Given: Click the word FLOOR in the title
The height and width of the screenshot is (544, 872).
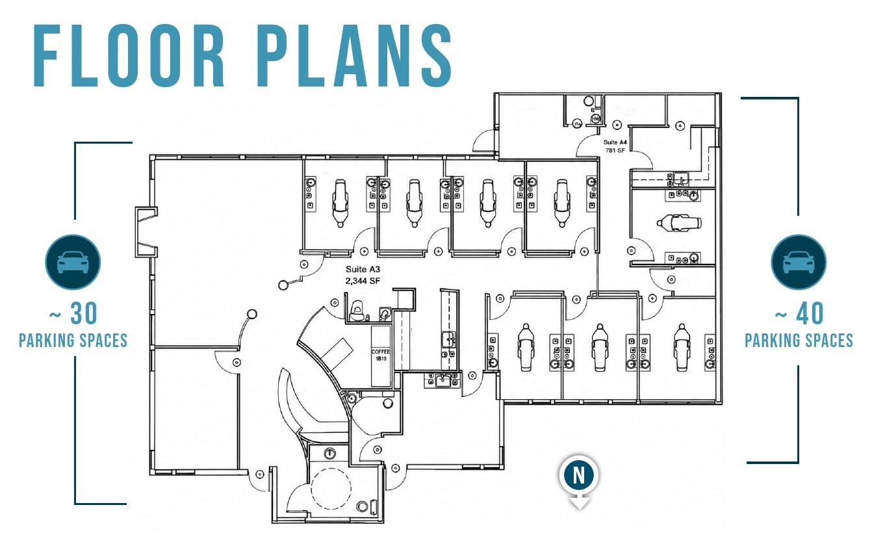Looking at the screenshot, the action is [129, 56].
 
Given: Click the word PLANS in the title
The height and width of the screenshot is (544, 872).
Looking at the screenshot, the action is [353, 56].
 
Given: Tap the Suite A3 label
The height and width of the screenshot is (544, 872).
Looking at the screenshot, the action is [363, 269].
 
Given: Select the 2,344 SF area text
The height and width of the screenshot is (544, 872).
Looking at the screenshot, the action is [363, 281].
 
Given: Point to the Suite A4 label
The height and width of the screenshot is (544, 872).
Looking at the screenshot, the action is [615, 142].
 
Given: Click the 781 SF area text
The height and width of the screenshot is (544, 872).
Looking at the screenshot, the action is [615, 150].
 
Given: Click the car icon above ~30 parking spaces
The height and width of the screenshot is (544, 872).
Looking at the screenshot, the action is [73, 262].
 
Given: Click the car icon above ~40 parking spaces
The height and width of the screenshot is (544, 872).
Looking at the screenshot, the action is [799, 262].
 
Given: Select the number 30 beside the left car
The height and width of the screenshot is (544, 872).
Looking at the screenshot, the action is [84, 313].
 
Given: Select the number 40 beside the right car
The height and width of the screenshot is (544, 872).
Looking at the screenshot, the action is [810, 313].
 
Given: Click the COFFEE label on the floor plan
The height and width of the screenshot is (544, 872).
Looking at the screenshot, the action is [380, 352].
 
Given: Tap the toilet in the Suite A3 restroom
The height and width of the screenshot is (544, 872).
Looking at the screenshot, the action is [356, 311].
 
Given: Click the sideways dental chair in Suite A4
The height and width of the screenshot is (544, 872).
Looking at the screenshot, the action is [679, 223].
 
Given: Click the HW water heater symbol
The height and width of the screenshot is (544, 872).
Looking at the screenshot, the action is [596, 118].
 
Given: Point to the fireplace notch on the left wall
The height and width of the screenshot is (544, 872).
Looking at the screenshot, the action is [146, 232].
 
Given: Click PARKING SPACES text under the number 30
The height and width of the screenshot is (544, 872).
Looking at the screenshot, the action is [73, 341].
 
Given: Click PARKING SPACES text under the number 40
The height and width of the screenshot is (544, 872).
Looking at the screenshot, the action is [799, 341].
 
